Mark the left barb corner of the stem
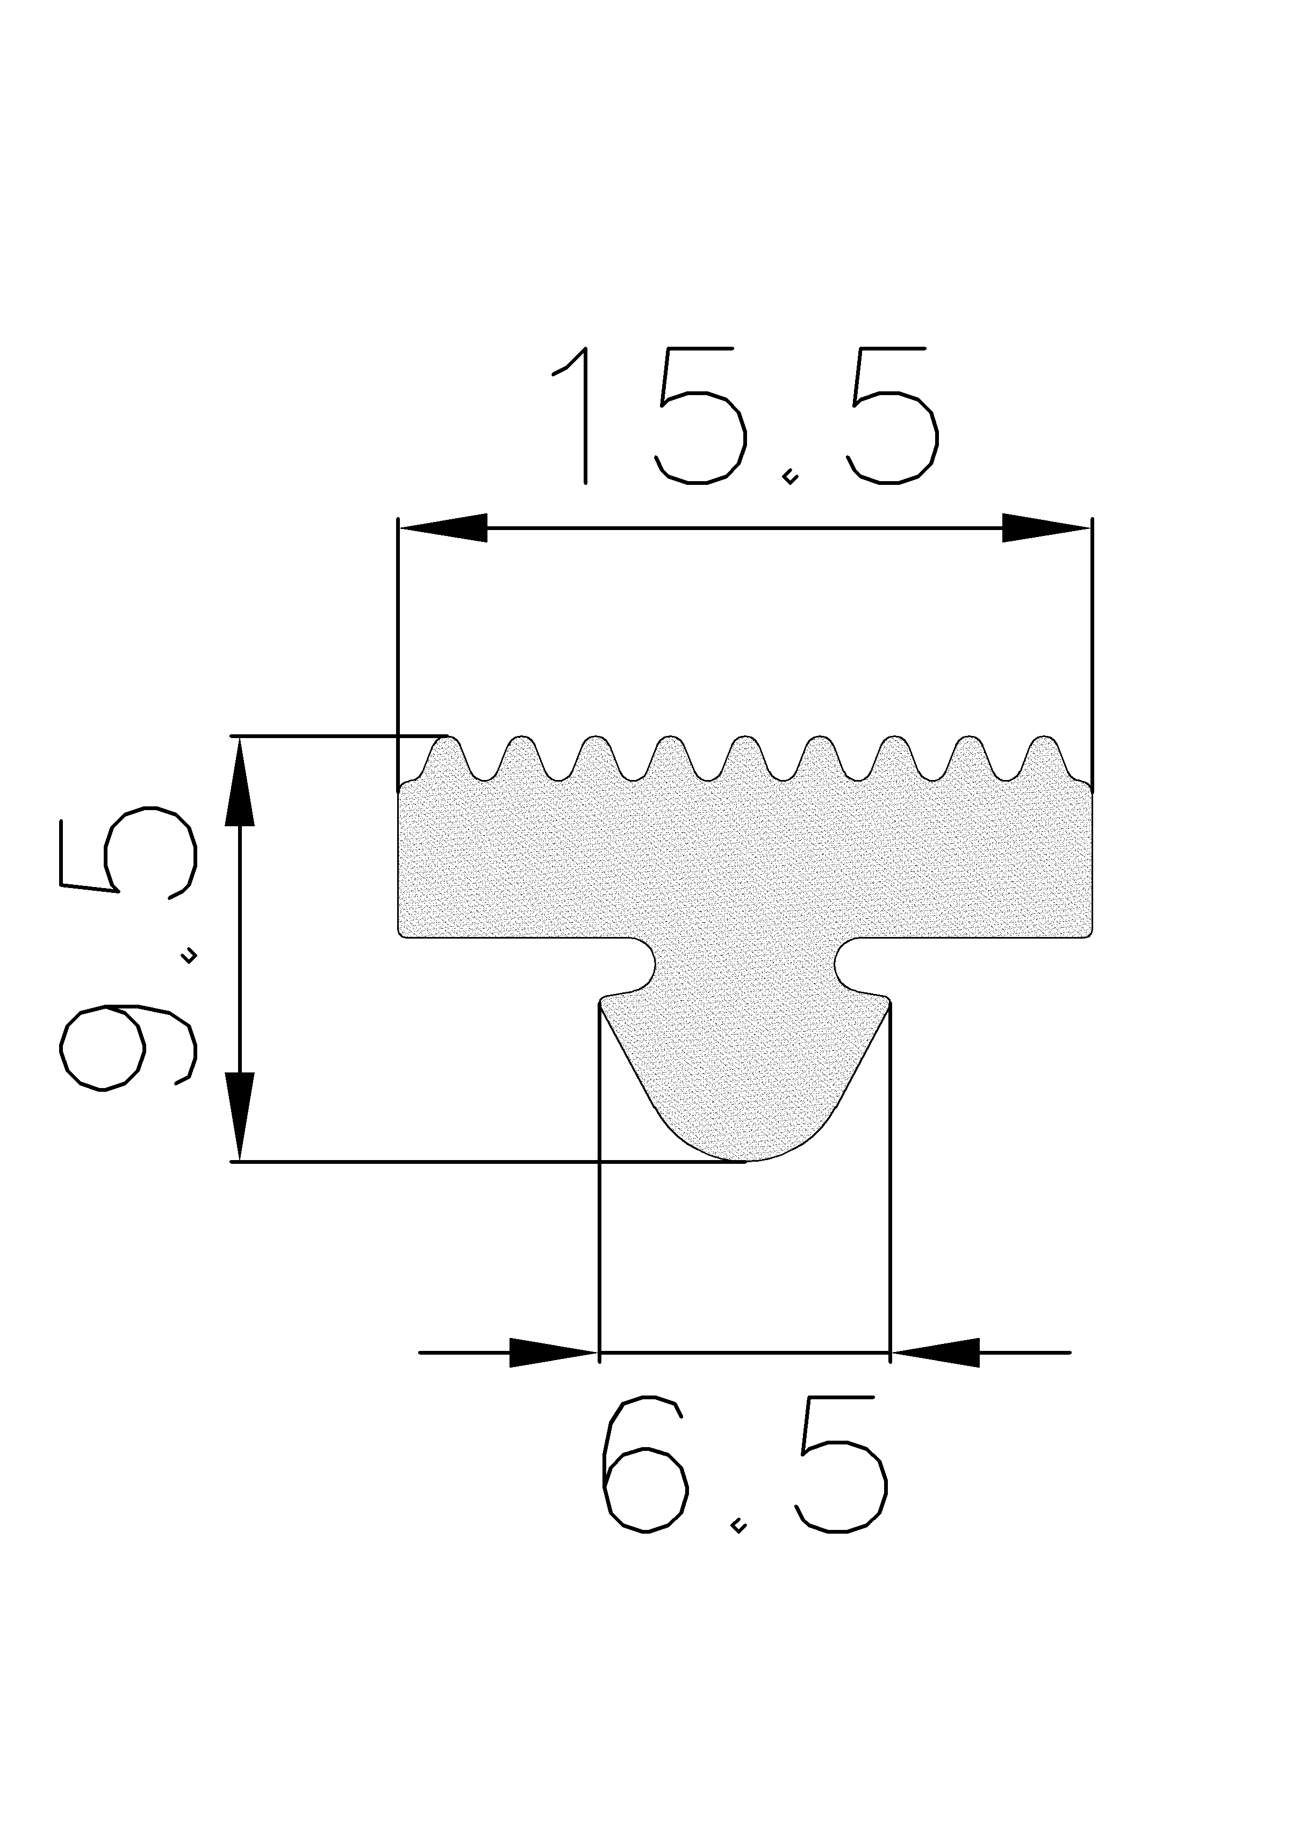point(603,1002)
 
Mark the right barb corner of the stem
point(887,1002)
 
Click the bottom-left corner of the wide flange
point(402,933)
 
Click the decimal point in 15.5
point(791,478)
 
